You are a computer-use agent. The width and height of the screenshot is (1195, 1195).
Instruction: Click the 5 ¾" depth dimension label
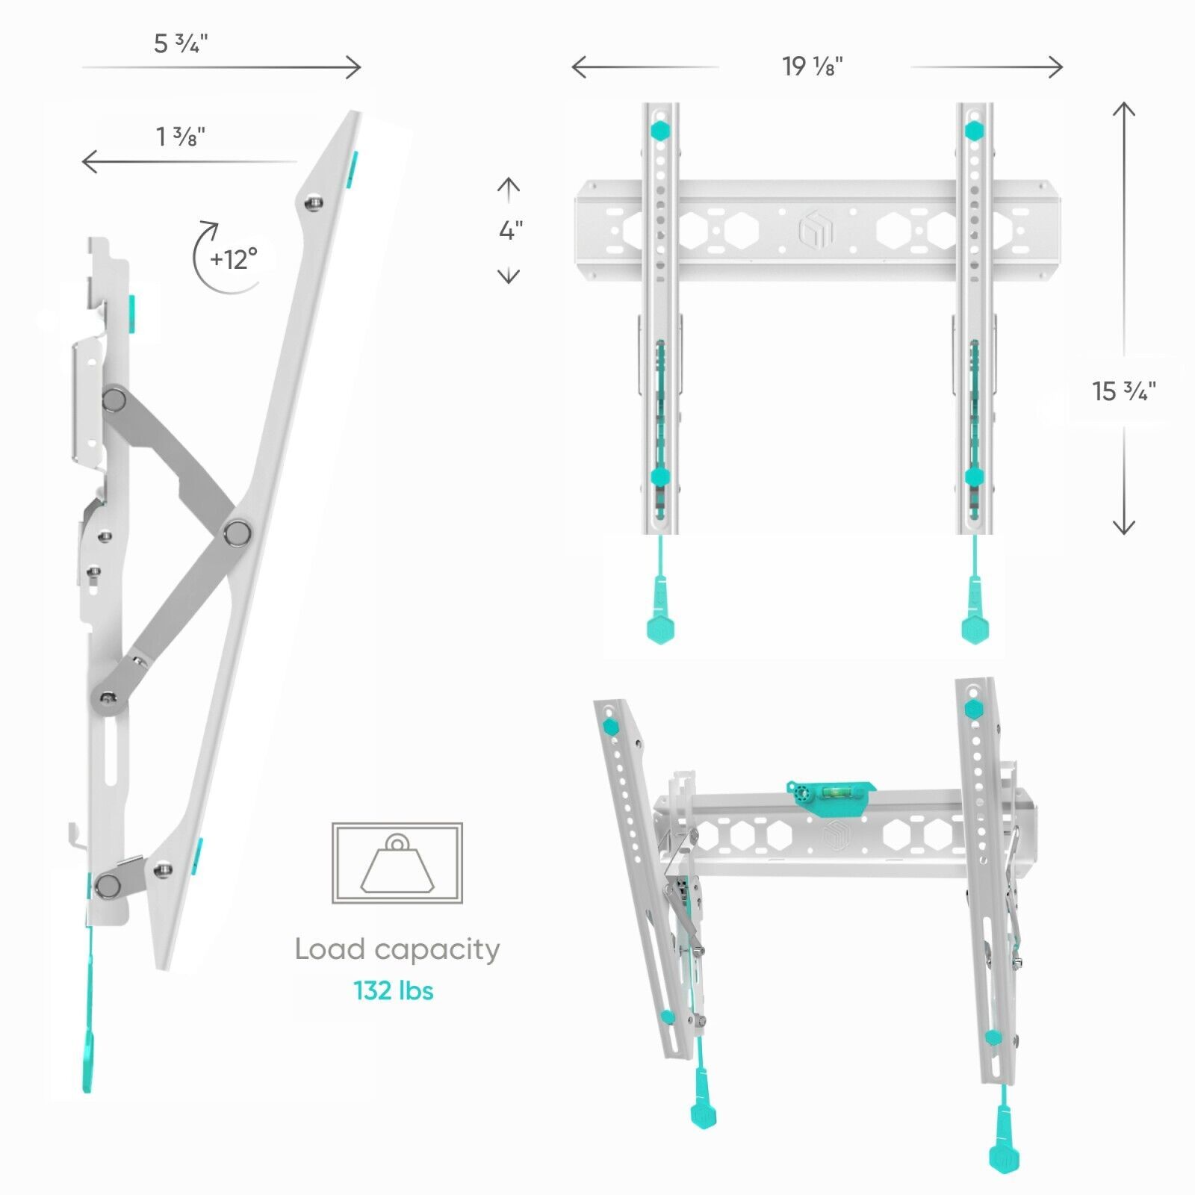coord(181,43)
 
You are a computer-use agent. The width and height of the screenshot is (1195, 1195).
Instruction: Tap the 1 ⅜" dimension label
coord(180,136)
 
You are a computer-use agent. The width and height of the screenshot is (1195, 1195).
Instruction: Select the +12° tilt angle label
coord(234,259)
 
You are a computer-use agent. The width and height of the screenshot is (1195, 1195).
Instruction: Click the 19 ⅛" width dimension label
coord(813,66)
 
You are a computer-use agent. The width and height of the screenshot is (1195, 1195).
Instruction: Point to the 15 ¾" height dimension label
coord(1124,391)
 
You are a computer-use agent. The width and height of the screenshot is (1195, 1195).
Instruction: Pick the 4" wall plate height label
coord(511,230)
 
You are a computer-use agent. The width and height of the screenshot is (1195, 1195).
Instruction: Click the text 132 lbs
coord(394,990)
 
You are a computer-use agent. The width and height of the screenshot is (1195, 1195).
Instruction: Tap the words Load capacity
coord(397,949)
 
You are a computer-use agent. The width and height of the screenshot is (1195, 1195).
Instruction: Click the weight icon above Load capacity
coord(397,863)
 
